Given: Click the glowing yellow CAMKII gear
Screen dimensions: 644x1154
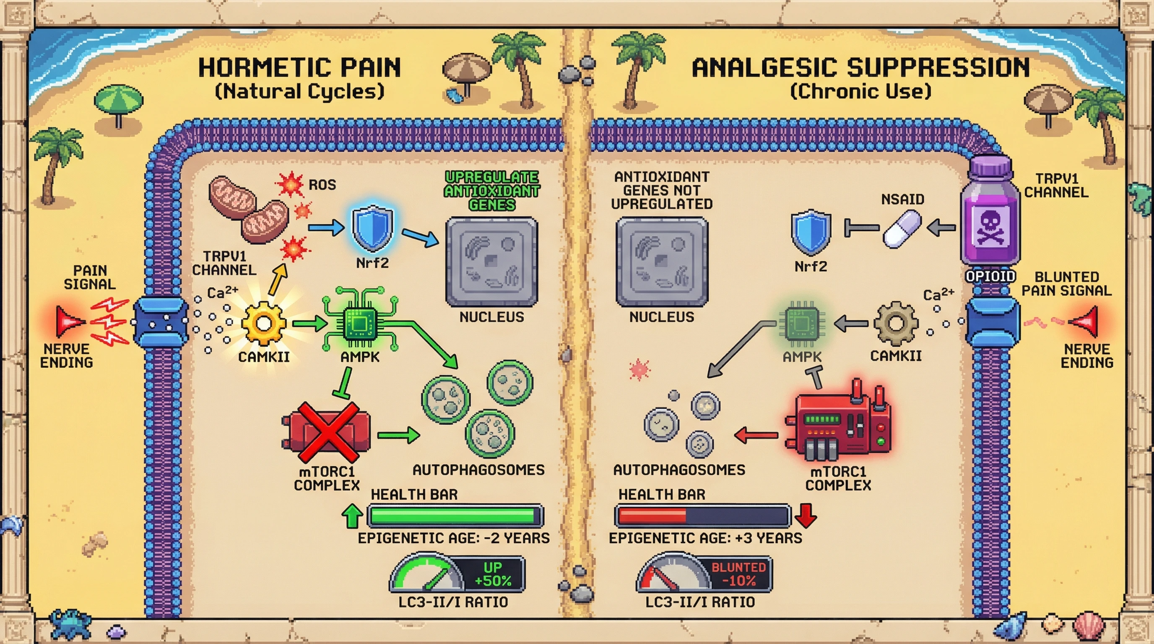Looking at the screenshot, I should [263, 323].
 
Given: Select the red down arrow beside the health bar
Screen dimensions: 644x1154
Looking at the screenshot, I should [806, 515].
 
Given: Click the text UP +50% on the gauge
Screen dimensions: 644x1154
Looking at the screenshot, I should [493, 574].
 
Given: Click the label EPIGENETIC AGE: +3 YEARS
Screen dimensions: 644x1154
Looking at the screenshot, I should [705, 538].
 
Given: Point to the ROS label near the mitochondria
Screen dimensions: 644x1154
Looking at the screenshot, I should [322, 184].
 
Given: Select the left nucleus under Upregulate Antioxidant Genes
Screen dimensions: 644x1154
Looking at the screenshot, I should [491, 262].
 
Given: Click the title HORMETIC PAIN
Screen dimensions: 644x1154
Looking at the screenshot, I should [299, 68].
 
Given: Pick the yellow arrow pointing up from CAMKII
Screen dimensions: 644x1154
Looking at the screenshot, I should [278, 279].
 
